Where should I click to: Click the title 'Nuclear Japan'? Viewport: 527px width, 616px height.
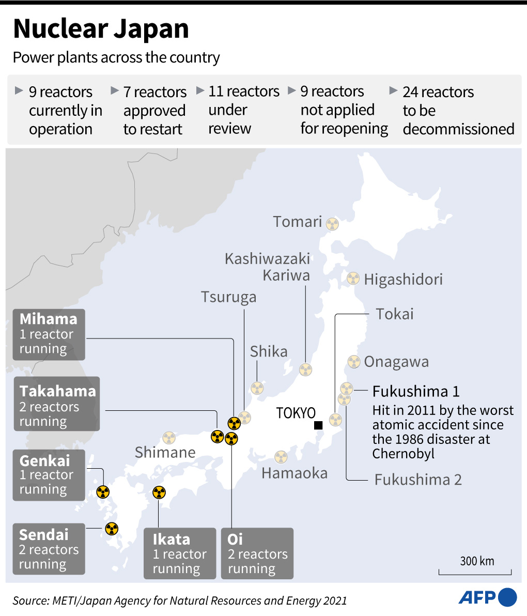click(x=101, y=29)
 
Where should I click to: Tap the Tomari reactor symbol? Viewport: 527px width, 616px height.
click(x=333, y=224)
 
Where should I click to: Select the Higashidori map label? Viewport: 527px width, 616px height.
click(x=403, y=280)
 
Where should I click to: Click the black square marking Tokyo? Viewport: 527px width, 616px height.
click(x=318, y=425)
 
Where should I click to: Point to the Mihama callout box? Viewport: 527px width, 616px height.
click(x=49, y=334)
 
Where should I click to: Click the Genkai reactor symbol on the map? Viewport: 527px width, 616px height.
click(x=103, y=491)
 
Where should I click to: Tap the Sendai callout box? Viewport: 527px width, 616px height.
click(x=49, y=549)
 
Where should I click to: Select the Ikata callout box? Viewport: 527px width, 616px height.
click(x=179, y=553)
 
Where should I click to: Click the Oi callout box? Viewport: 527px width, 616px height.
click(x=257, y=553)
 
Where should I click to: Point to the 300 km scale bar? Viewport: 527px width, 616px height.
click(x=475, y=571)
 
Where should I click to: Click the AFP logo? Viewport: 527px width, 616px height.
click(x=487, y=597)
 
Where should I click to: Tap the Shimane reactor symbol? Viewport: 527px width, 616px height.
click(x=169, y=438)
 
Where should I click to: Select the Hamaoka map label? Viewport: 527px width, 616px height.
click(x=295, y=473)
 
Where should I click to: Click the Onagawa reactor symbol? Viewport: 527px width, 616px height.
click(x=353, y=361)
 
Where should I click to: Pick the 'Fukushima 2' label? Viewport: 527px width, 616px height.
click(x=418, y=480)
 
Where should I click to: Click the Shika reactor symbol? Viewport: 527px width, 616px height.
click(x=257, y=388)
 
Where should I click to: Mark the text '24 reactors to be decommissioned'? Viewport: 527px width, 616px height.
click(x=458, y=110)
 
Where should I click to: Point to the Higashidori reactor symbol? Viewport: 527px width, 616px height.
click(x=353, y=279)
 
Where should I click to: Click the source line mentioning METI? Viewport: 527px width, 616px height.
click(x=180, y=600)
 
